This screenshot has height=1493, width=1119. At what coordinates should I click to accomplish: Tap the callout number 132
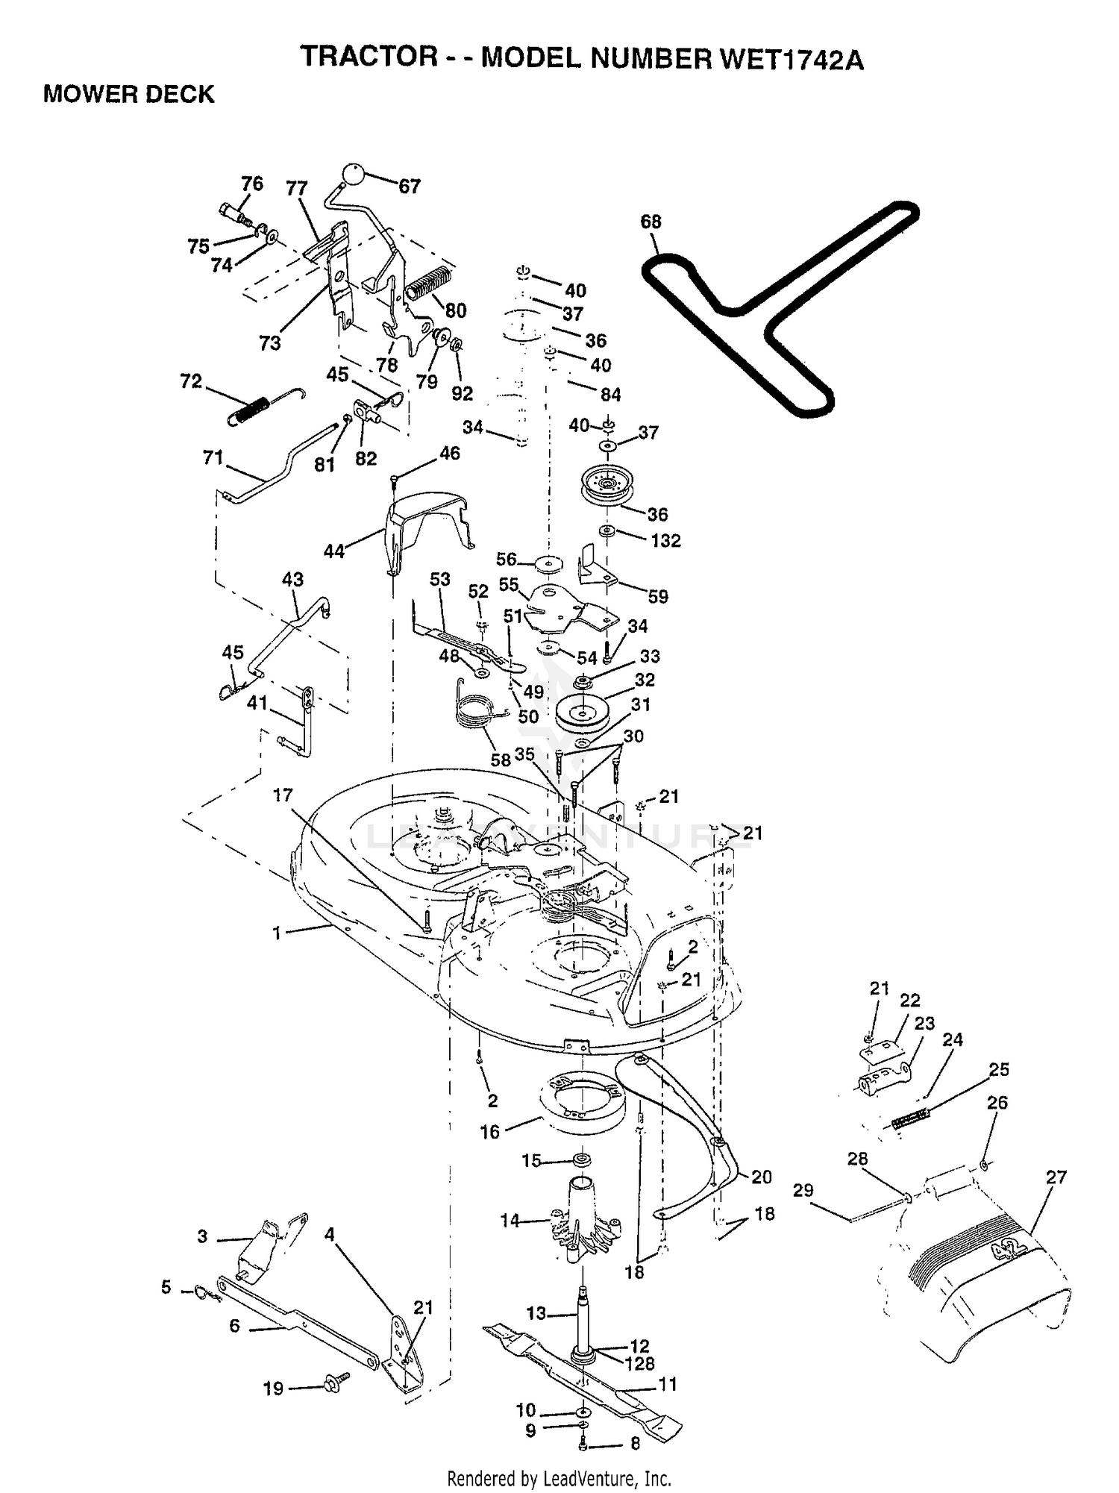pos(665,540)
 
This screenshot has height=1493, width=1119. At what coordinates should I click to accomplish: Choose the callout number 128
pos(639,1363)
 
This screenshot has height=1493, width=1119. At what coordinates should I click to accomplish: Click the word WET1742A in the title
pos(791,58)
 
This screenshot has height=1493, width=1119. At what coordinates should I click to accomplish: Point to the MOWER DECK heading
pos(129,94)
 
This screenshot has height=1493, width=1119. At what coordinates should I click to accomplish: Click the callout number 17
pos(283,795)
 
